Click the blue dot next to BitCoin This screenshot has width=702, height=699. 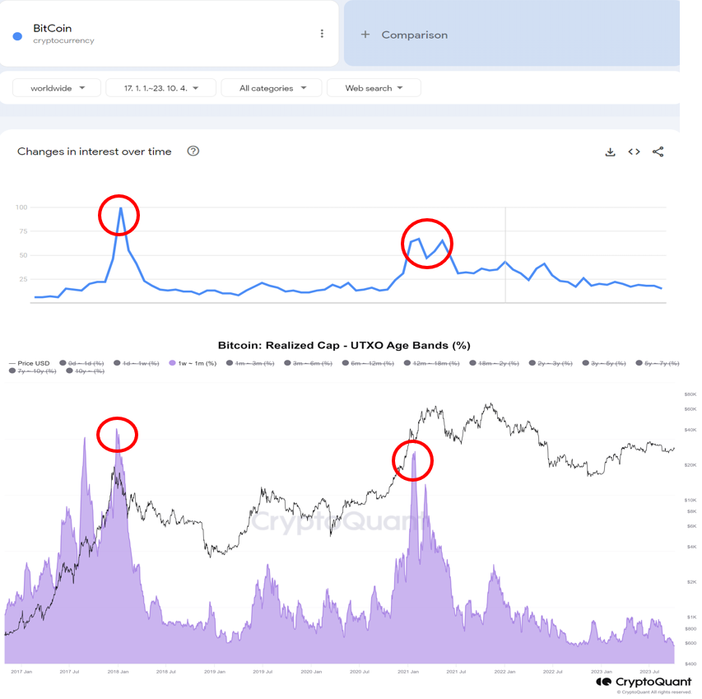pyautogui.click(x=17, y=36)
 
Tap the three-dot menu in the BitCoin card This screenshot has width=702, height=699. pyautogui.click(x=322, y=34)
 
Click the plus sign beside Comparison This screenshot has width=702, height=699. pyautogui.click(x=365, y=35)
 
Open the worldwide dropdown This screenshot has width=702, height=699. pyautogui.click(x=57, y=88)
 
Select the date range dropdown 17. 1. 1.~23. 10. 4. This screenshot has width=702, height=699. pyautogui.click(x=160, y=88)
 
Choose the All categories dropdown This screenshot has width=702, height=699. pyautogui.click(x=272, y=88)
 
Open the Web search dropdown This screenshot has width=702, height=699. pyautogui.click(x=374, y=88)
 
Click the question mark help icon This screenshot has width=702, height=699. pyautogui.click(x=193, y=151)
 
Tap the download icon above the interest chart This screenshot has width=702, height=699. pyautogui.click(x=610, y=151)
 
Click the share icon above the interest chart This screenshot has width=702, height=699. pyautogui.click(x=658, y=151)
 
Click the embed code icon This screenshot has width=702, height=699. pyautogui.click(x=634, y=151)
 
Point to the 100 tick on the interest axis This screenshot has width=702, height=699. pyautogui.click(x=21, y=207)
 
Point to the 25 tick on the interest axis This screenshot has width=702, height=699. pyautogui.click(x=23, y=280)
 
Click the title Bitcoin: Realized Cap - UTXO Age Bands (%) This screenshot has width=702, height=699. pyautogui.click(x=344, y=346)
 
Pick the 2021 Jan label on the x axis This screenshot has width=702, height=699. pyautogui.click(x=408, y=672)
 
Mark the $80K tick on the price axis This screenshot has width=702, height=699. pyautogui.click(x=690, y=394)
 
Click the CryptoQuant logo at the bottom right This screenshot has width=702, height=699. pyautogui.click(x=644, y=683)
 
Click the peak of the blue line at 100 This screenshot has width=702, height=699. pyautogui.click(x=121, y=208)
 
